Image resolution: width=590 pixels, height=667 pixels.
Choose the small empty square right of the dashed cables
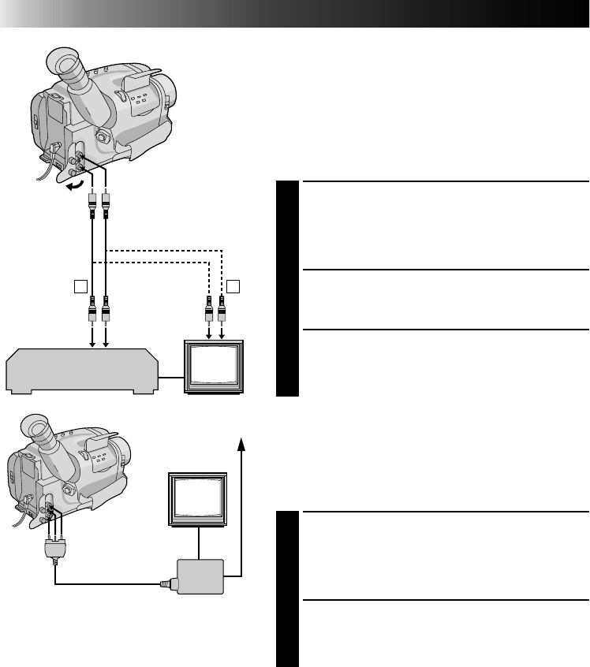point(235,285)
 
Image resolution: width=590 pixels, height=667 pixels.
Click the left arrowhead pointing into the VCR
point(91,341)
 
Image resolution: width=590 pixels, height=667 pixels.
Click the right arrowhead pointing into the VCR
point(106,341)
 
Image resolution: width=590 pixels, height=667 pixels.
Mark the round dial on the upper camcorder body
point(102,135)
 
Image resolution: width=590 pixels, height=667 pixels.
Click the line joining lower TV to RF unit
point(199,543)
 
